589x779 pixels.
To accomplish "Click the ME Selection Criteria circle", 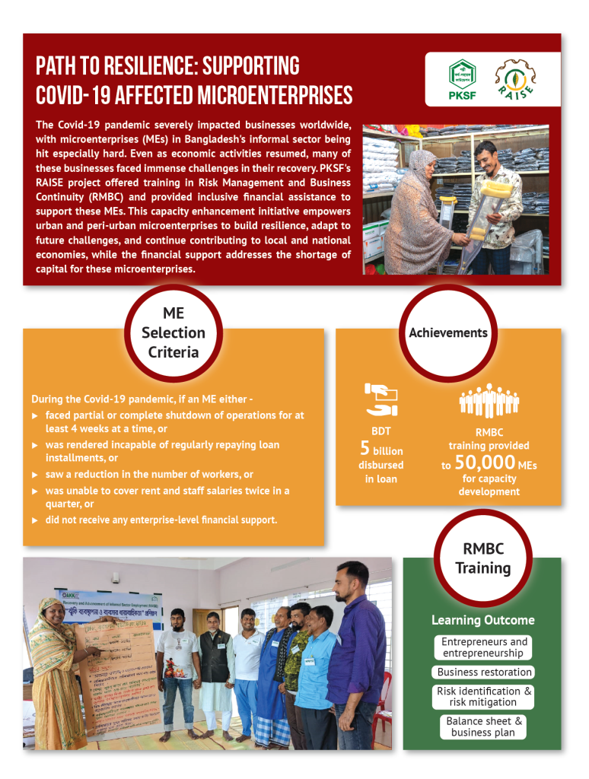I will click(173, 332).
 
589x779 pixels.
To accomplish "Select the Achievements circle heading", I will click(447, 332).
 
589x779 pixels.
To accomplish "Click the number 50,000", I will click(485, 462).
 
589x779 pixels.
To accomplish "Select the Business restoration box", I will click(484, 672).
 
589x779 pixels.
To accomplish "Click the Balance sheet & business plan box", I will click(483, 727).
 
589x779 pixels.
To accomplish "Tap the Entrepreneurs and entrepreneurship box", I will click(484, 647).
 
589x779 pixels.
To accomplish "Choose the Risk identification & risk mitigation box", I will click(484, 696).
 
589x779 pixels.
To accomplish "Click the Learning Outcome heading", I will click(482, 620).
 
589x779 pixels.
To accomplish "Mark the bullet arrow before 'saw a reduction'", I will click(35, 475).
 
